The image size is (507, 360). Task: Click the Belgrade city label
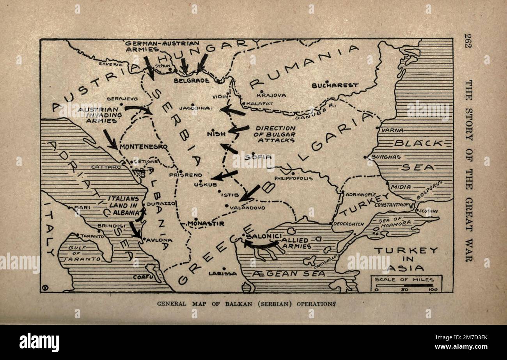pos(191,80)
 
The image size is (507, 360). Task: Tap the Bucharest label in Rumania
pos(335,85)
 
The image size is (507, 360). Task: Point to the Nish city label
pos(216,134)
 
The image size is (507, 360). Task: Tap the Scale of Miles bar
pos(406,285)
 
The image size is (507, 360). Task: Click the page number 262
pos(468,40)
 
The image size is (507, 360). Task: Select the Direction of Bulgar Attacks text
pos(275,134)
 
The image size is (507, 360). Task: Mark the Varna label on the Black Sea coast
pos(392,130)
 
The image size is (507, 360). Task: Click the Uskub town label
pos(202,185)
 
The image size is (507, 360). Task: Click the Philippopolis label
pos(293,178)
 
